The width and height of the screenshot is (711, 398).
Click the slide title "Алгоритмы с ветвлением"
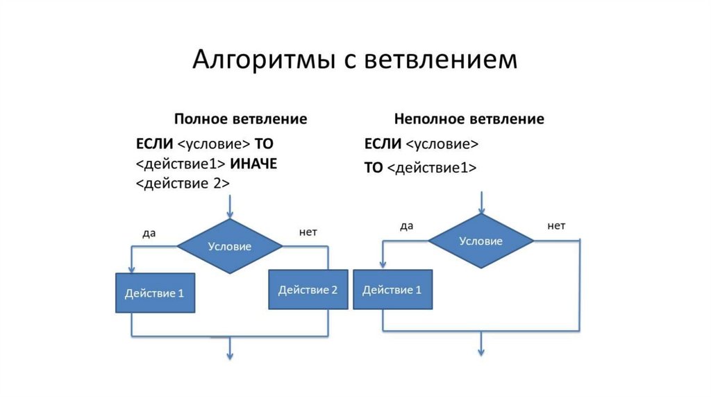pyautogui.click(x=355, y=59)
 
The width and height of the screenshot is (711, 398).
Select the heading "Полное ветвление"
pyautogui.click(x=240, y=119)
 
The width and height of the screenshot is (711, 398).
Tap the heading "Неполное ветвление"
pyautogui.click(x=469, y=119)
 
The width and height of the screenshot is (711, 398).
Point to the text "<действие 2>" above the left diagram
pyautogui.click(x=183, y=184)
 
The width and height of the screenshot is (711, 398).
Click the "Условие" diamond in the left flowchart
pyautogui.click(x=230, y=246)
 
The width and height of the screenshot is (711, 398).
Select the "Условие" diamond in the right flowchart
pyautogui.click(x=480, y=241)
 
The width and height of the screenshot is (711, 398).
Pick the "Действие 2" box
pyautogui.click(x=308, y=290)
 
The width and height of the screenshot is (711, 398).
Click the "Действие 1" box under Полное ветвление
pyautogui.click(x=154, y=293)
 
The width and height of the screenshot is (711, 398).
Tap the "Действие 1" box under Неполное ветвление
pyautogui.click(x=392, y=290)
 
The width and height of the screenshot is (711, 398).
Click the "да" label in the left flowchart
pyautogui.click(x=149, y=233)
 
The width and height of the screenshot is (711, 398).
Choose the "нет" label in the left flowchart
pyautogui.click(x=308, y=232)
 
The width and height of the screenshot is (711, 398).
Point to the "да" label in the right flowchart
pyautogui.click(x=407, y=226)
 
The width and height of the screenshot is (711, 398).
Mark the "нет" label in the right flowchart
pyautogui.click(x=556, y=226)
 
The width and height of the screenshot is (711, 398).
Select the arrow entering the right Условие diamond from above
pyautogui.click(x=480, y=202)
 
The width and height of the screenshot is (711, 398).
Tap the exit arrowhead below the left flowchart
pyautogui.click(x=230, y=354)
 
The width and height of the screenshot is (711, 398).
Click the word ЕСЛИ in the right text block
pyautogui.click(x=383, y=144)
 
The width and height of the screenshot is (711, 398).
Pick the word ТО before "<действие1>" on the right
pyautogui.click(x=373, y=168)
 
